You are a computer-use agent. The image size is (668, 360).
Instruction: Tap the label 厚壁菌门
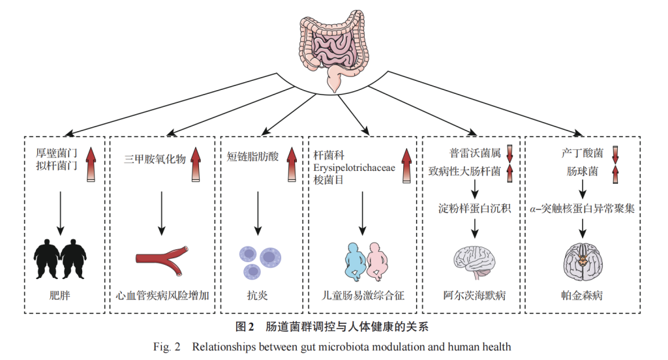(x=57, y=152)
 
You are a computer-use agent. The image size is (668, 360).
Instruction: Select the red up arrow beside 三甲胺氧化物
(x=195, y=164)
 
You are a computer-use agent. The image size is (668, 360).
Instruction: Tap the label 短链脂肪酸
(x=252, y=157)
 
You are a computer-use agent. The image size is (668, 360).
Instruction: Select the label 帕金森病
(x=582, y=295)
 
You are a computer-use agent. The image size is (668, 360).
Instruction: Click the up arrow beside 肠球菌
(x=614, y=173)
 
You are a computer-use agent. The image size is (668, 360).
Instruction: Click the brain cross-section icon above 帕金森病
(x=582, y=260)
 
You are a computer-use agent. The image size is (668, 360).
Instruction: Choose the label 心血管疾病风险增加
(x=162, y=295)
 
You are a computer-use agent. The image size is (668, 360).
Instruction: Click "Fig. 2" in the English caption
(x=167, y=347)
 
